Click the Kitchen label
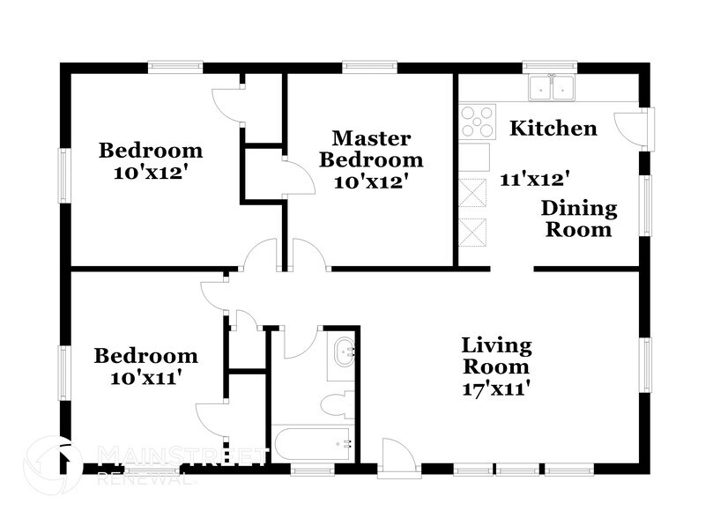point(553,129)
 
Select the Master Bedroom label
point(370,149)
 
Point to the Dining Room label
point(578,219)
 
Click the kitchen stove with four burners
point(477,122)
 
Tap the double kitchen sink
point(552,87)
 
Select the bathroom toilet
point(335,404)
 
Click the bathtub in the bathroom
point(313,443)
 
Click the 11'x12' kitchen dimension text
point(534,178)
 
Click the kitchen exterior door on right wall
point(636,129)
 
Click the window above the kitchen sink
point(548,66)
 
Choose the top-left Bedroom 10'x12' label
point(150,160)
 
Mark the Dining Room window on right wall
point(646,208)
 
